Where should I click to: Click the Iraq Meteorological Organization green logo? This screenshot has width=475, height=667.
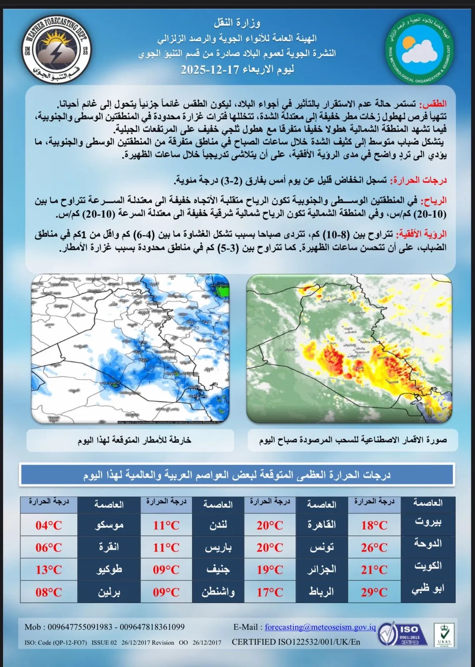[x=420, y=50]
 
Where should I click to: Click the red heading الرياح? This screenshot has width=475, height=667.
[x=434, y=201]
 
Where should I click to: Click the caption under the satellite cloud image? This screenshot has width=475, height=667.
[x=352, y=440]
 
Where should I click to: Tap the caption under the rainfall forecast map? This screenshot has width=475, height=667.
[x=134, y=440]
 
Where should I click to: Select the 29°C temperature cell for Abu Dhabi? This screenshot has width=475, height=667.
[x=374, y=592]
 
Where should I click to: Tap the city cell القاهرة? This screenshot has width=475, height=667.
[x=322, y=525]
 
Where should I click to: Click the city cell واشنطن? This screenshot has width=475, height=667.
[x=218, y=592]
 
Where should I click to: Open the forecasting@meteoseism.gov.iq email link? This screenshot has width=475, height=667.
[x=320, y=627]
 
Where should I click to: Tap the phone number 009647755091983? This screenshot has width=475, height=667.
[x=80, y=627]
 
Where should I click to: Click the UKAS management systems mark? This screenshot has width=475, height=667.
[x=444, y=634]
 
